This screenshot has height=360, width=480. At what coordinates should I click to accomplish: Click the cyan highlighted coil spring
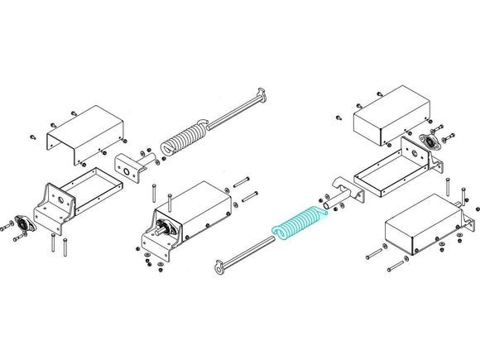coord(298,226)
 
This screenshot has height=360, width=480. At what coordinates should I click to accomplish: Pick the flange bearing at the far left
coord(23,225)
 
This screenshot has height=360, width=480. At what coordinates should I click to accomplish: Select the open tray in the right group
coord(396,169)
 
